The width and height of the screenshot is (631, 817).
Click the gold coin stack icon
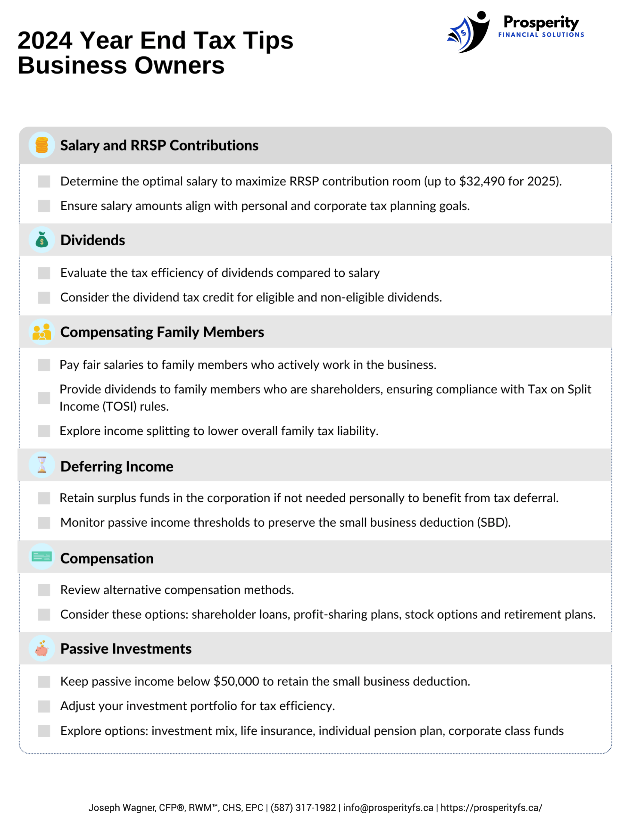click(x=41, y=145)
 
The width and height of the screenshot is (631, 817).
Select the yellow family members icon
click(x=41, y=332)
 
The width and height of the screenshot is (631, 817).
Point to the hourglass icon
click(x=41, y=465)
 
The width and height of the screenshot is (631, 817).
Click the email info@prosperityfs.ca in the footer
click(x=388, y=807)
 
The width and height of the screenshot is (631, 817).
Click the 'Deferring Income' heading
click(x=117, y=467)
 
